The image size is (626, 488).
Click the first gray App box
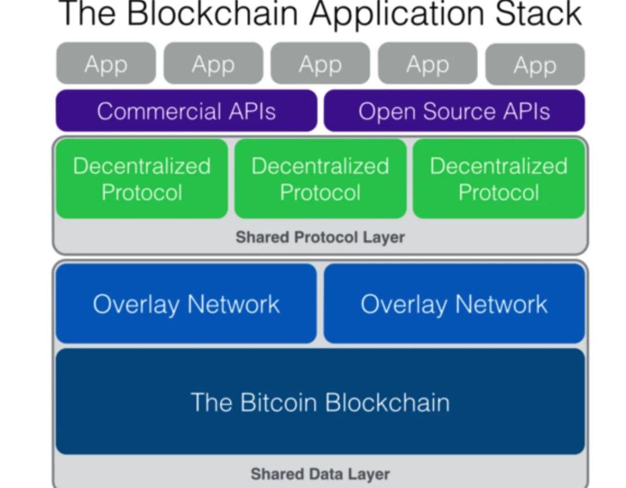[x=106, y=63]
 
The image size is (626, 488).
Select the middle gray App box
[x=320, y=63]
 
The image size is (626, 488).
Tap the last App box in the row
[x=534, y=64]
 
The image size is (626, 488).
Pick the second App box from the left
[x=213, y=63]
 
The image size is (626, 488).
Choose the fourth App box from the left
[x=428, y=63]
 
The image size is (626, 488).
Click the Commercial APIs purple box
[x=186, y=111]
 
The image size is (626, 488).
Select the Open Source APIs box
[x=454, y=111]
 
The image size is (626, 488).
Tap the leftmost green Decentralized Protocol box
[x=142, y=179]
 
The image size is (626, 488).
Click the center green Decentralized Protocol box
[x=321, y=179]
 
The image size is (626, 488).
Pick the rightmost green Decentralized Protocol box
[x=498, y=179]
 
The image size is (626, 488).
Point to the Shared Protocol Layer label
[x=320, y=237]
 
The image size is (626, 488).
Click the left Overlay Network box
[x=186, y=304]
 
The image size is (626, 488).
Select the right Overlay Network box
[x=454, y=304]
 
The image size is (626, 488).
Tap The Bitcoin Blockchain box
[x=320, y=402]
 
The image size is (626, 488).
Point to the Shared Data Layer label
[x=320, y=474]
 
